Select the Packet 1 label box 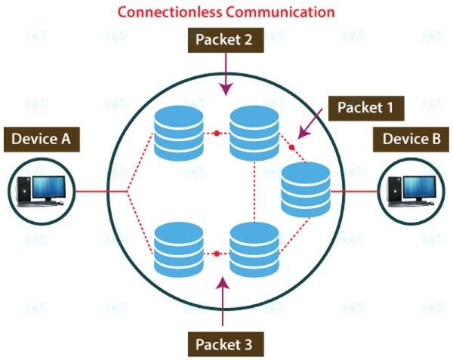365,106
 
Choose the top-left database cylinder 178,133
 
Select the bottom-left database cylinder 178,249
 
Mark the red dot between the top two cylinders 217,134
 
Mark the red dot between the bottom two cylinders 217,254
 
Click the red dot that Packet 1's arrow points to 291,146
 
